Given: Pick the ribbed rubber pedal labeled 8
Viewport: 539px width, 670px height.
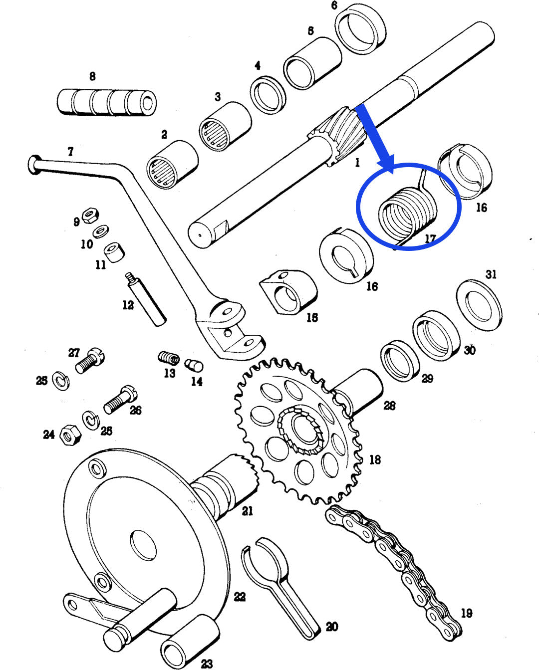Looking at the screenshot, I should click(x=107, y=102).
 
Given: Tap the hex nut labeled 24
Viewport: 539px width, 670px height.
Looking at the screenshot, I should click(x=69, y=435).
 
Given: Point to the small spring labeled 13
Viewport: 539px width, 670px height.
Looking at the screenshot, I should click(x=169, y=358).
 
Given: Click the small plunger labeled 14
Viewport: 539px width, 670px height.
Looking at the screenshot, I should click(x=194, y=366).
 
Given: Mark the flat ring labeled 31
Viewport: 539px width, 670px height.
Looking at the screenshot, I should click(x=479, y=305).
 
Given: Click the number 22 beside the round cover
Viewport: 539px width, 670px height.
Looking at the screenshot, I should click(x=240, y=597).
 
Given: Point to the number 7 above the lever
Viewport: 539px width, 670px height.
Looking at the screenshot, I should click(x=70, y=151).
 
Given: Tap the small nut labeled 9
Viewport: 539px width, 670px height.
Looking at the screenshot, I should click(x=90, y=216).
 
